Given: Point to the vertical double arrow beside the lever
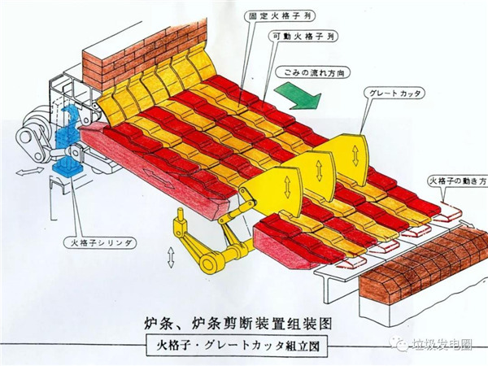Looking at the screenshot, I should pyautogui.click(x=170, y=257).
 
